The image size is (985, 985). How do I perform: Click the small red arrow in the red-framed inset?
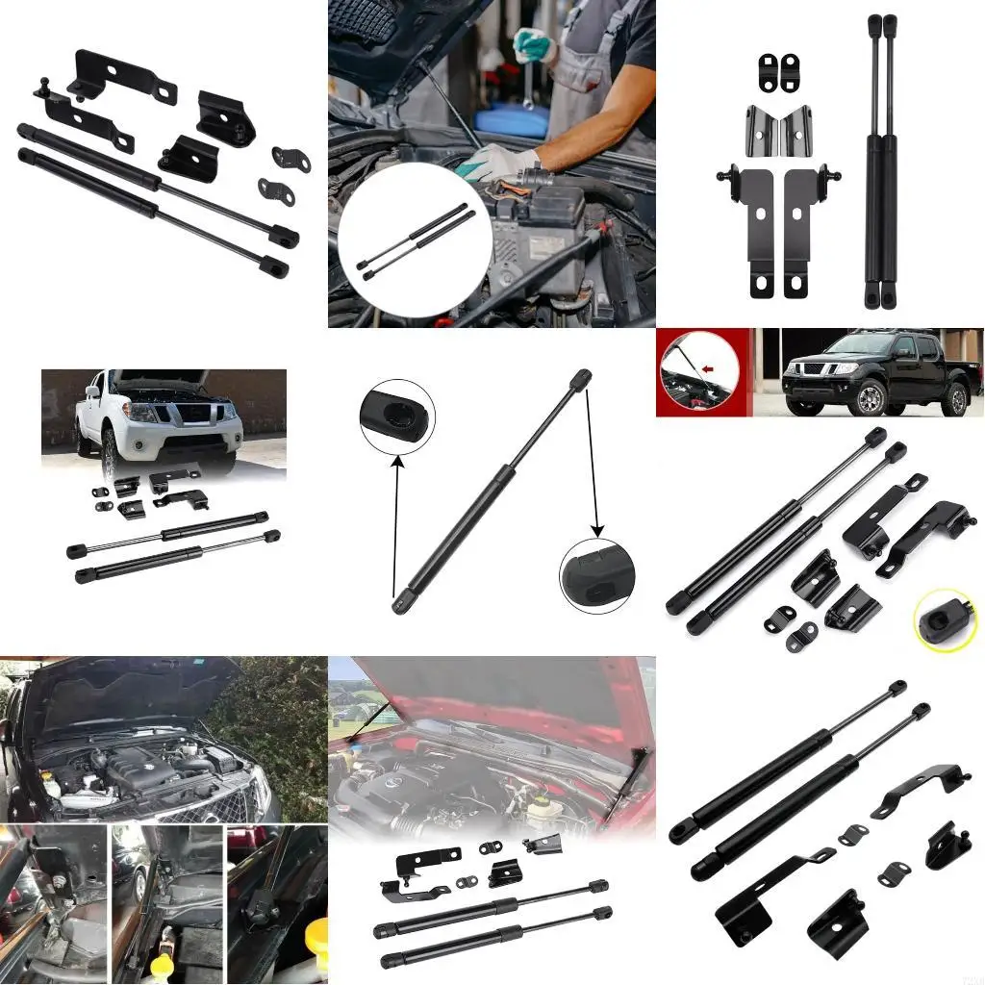(710, 368)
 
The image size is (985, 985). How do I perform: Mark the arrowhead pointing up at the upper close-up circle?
(395, 463)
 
